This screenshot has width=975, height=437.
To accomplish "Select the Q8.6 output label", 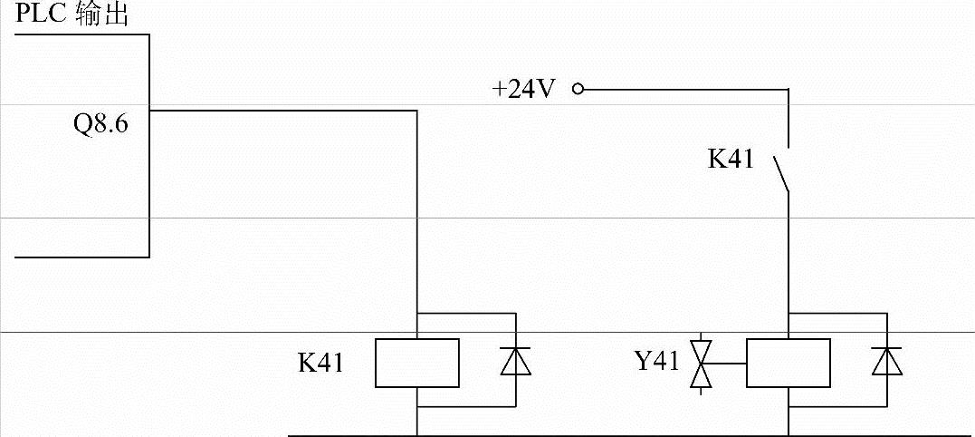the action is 100,124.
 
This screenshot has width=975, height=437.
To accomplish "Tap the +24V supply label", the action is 523,90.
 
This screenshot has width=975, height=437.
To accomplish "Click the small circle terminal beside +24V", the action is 578,90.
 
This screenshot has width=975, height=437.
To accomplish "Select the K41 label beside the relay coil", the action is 320,364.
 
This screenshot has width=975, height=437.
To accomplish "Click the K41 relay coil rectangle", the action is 416,362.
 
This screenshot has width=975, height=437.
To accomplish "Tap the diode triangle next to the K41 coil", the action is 515,362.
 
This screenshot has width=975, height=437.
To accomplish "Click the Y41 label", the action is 656,362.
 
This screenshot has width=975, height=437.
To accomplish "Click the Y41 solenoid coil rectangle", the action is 788,362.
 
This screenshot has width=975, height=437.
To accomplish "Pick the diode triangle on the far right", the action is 887,362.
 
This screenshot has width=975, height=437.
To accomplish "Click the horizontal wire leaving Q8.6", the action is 281,111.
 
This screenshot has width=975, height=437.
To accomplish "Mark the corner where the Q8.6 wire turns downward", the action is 416,111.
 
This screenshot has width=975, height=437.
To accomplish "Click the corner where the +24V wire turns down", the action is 788,90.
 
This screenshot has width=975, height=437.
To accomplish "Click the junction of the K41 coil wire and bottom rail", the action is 416,435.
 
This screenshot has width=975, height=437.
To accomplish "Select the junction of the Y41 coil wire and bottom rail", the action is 788,435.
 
